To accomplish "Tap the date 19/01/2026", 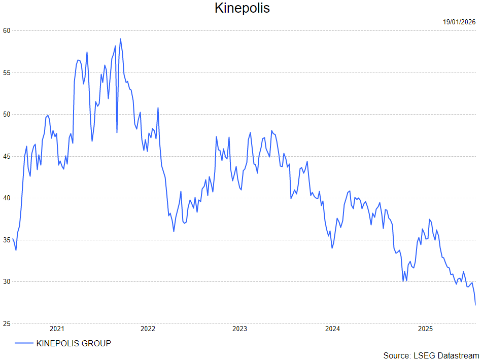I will coord(459,22).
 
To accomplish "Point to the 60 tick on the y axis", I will coord(6,30).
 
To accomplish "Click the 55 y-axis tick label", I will coord(6,73).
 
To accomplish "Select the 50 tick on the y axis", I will coord(6,114).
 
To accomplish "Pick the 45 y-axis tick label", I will coord(6,156).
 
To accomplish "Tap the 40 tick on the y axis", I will coord(6,198).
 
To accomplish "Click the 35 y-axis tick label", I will coord(6,240).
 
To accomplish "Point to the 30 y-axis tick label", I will coord(6,281).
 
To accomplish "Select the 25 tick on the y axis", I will coord(6,323).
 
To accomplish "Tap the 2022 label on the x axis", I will coord(148,329).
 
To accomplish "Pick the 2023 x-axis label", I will coord(239,329).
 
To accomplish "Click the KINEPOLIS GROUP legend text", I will coord(74,343).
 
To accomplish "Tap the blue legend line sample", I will coord(24,343).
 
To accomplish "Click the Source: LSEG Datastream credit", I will coord(431,355).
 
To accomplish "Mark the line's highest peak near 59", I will coord(120,39).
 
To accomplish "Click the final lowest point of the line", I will coord(475,305).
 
